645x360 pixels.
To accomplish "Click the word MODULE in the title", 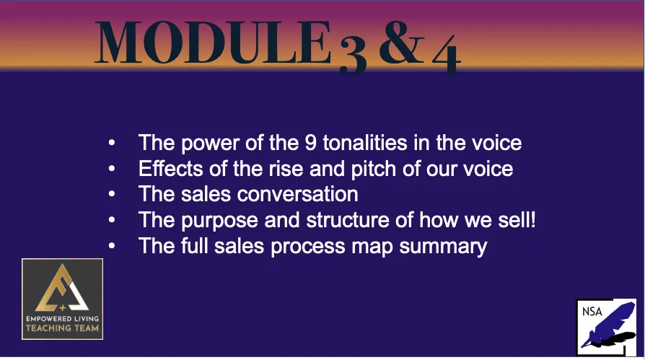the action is click(213, 42).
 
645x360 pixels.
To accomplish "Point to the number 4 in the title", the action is click(447, 55).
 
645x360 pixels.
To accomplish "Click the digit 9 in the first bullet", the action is click(310, 143).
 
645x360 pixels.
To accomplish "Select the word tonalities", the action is click(365, 143).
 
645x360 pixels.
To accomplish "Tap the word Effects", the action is click(171, 168).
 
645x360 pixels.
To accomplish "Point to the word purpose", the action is click(219, 221).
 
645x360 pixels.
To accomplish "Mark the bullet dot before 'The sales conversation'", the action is click(112, 194).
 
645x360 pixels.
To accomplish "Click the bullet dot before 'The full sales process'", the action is click(112, 246).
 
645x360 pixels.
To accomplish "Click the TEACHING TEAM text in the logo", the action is click(62, 328).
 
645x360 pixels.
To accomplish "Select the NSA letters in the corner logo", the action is click(592, 312).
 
